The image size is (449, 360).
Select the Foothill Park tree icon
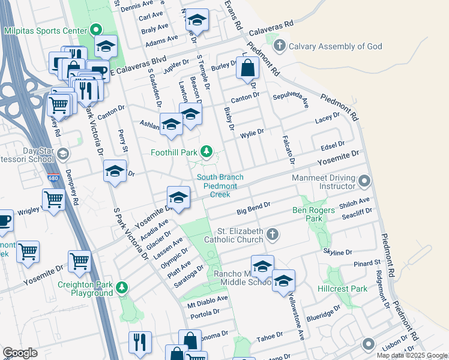coord(206,151)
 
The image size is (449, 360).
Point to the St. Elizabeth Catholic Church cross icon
coord(273,234)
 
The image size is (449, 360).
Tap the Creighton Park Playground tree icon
coord(122,287)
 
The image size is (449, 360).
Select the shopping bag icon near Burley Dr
coord(247,69)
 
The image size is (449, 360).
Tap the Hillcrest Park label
coord(342,289)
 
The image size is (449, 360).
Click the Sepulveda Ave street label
coord(290,99)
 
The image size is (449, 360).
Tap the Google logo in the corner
coord(20,353)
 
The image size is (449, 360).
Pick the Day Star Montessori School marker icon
coord(62,155)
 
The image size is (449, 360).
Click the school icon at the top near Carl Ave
coord(196,21)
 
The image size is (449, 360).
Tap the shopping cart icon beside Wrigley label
coord(53,200)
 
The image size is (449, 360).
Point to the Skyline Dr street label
coord(337,252)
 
